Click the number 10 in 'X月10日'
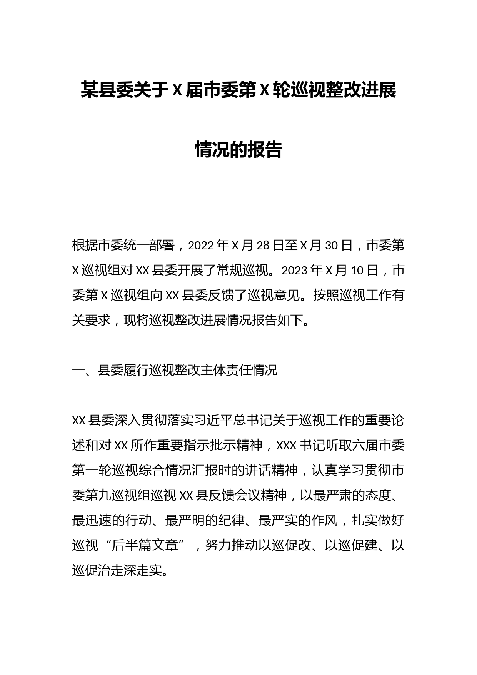[357, 271]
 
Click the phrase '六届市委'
[379, 445]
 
